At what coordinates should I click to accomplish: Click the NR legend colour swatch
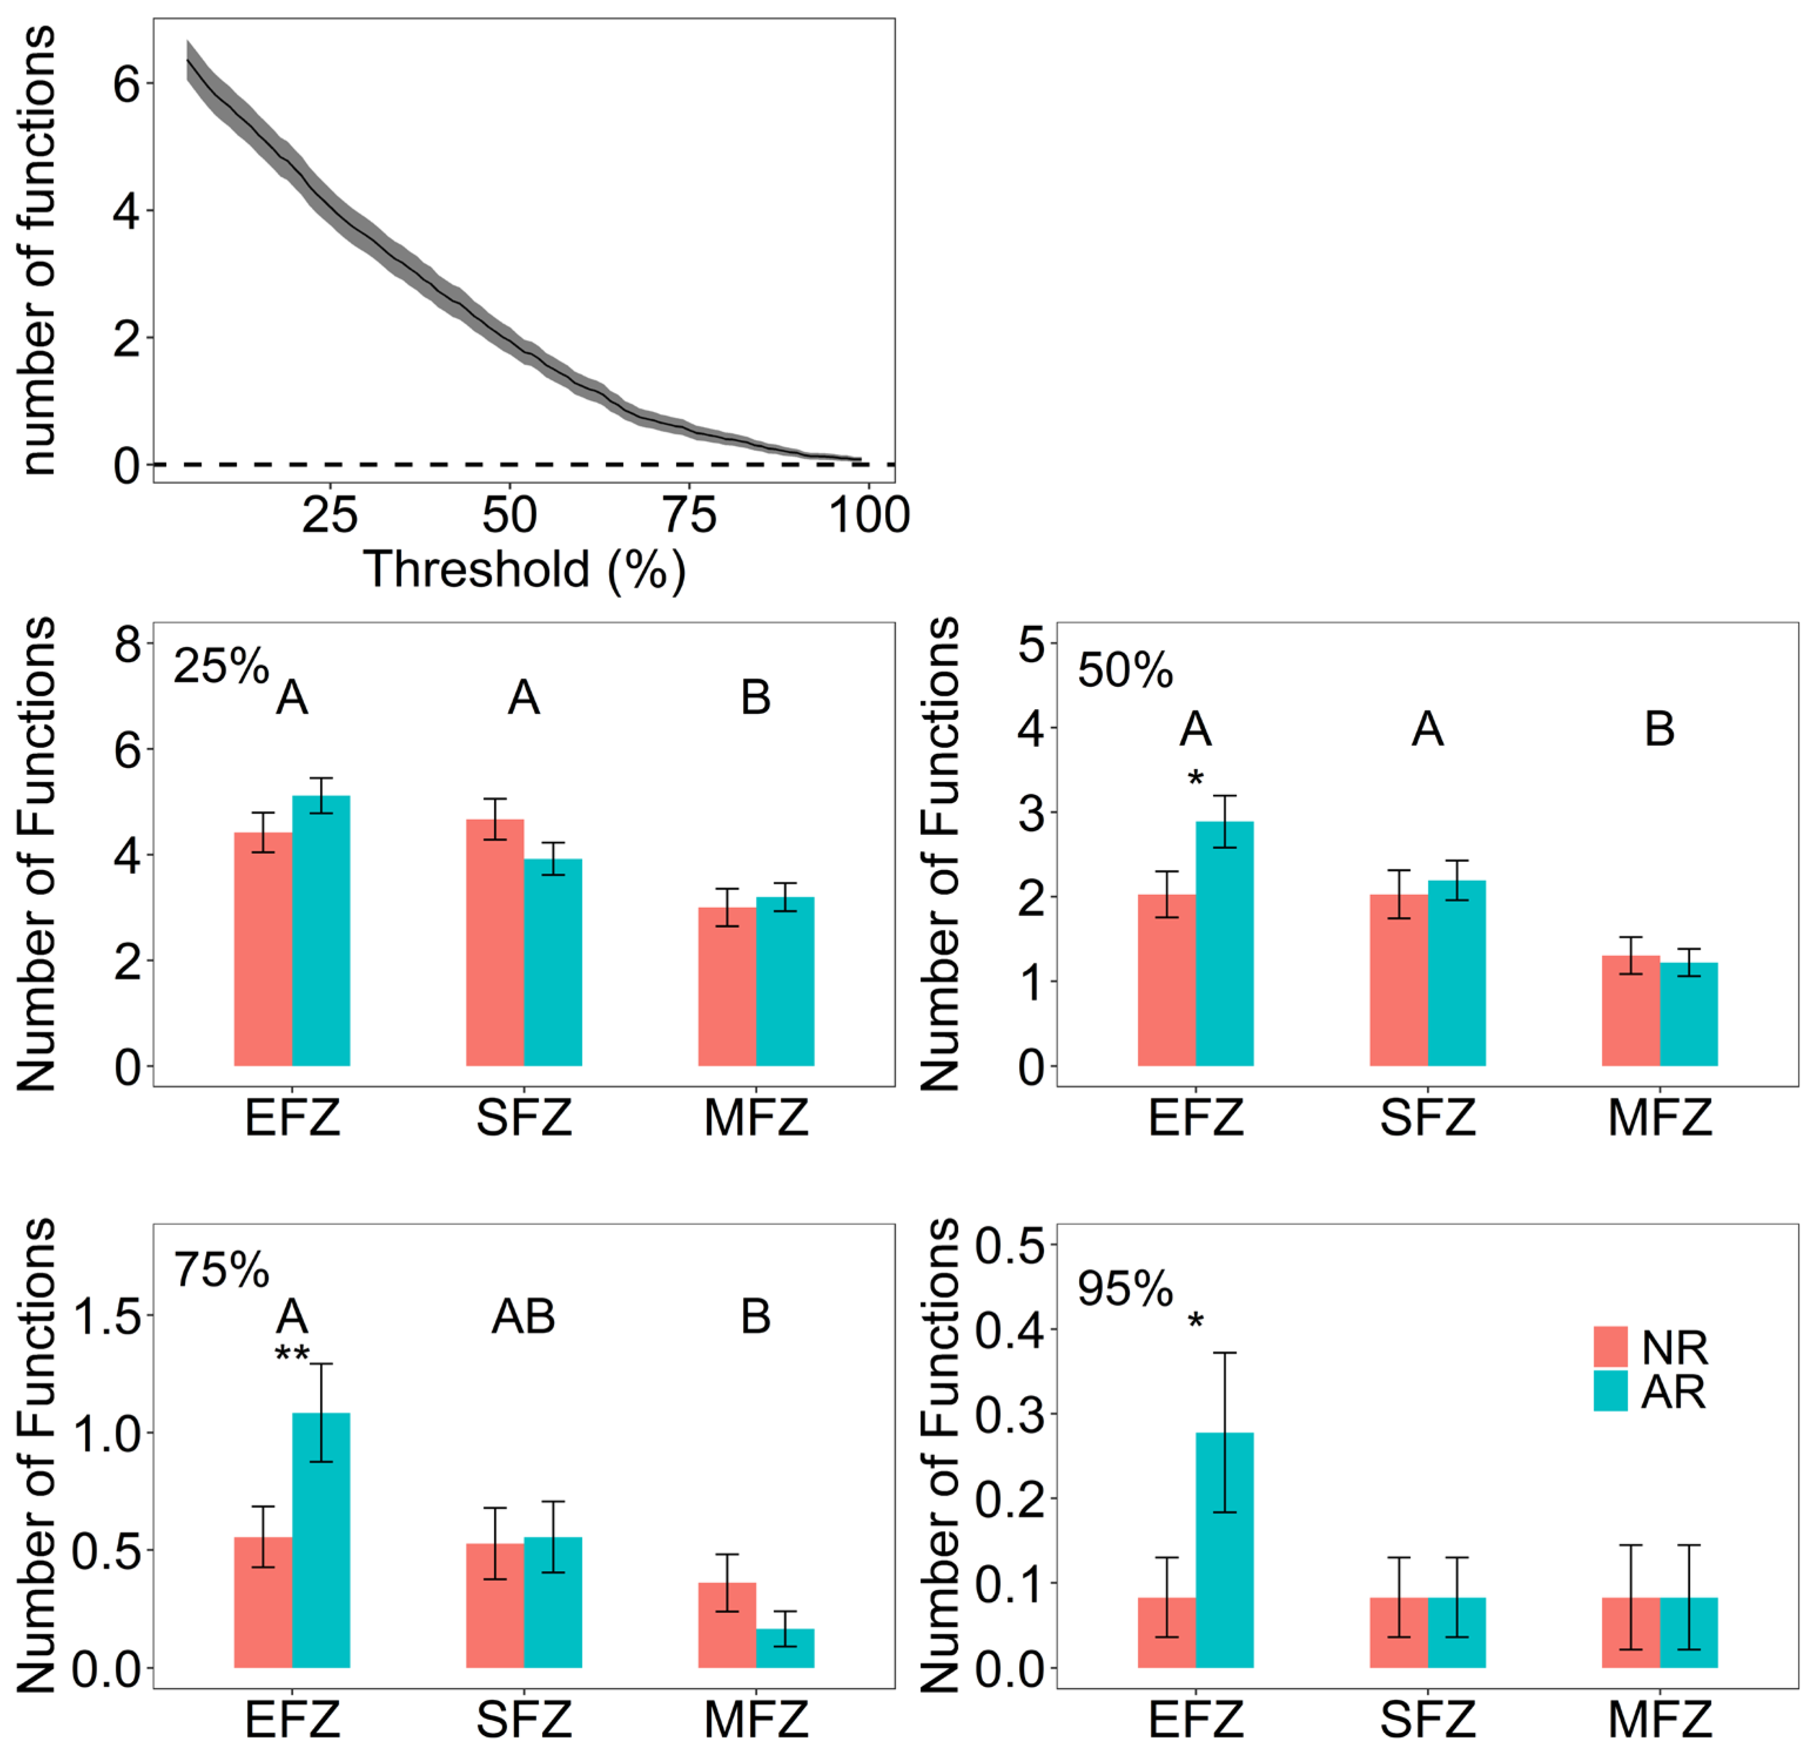point(1610,1347)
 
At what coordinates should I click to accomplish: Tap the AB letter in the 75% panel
point(524,1316)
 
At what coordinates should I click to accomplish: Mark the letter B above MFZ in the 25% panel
point(756,698)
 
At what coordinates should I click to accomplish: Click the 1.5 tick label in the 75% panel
point(108,1316)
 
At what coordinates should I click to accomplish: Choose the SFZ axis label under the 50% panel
point(1427,1118)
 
